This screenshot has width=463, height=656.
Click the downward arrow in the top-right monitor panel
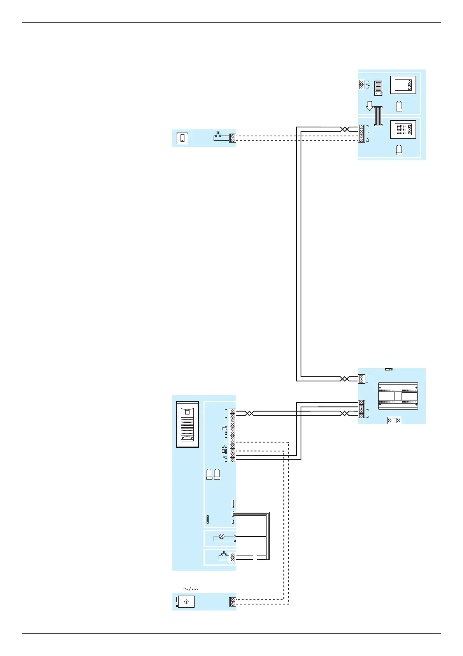(370, 106)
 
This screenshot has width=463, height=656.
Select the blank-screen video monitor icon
(403, 85)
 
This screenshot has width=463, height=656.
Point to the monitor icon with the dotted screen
(403, 129)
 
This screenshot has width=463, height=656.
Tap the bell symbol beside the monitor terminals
(368, 140)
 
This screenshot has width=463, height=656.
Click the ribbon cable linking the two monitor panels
(378, 116)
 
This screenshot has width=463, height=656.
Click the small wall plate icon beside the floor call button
(182, 138)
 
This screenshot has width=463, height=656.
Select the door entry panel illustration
(188, 424)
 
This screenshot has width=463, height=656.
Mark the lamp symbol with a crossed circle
(222, 536)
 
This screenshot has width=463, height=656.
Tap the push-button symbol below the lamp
(223, 555)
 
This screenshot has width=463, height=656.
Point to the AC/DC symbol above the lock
(191, 589)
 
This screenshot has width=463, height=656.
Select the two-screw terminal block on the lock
(233, 602)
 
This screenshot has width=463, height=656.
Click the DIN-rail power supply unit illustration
(398, 396)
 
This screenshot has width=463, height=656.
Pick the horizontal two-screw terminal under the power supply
(394, 421)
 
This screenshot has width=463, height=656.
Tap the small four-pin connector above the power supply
(388, 369)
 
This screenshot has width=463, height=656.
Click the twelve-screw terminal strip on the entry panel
(233, 435)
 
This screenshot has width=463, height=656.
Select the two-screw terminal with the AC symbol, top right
(361, 85)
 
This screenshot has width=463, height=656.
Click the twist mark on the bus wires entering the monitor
(344, 129)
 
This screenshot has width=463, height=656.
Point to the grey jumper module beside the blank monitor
(378, 88)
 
